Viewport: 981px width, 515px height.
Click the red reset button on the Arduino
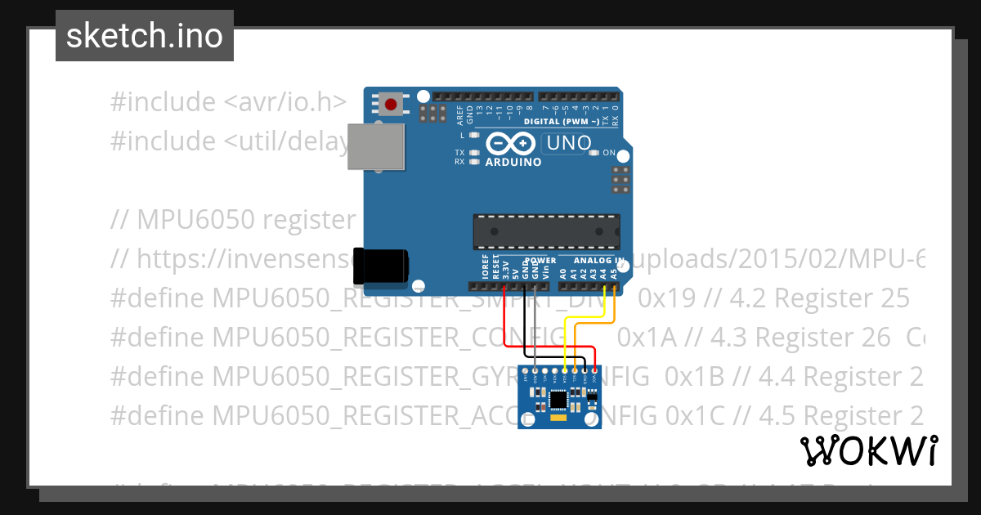pos(392,104)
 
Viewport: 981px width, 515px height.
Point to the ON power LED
pos(595,153)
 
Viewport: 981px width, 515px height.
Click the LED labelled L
pos(473,134)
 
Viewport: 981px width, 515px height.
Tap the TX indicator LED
pos(473,153)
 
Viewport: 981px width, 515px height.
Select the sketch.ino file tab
pos(145,36)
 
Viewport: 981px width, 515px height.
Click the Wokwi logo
pos(868,450)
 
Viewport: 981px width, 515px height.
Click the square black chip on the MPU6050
pos(559,400)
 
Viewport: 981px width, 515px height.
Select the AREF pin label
pos(460,113)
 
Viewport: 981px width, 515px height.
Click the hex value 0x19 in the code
pos(661,298)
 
